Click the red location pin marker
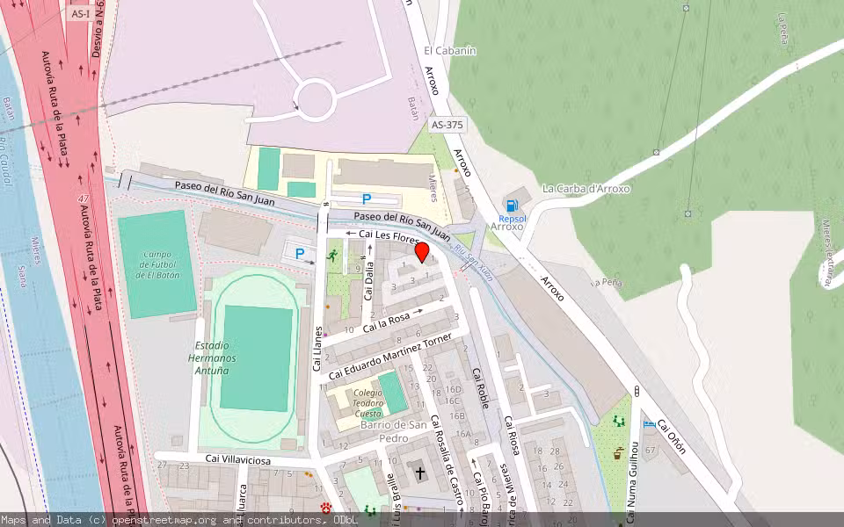coord(422,253)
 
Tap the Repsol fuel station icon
coord(513,205)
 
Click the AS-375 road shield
coord(447,126)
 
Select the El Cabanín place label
coord(449,51)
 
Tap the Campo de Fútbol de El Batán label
coord(158,264)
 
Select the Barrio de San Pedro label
coord(393,430)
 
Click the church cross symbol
coord(420,473)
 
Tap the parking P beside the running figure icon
coord(300,255)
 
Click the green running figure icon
coord(332,256)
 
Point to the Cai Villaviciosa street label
coord(238,459)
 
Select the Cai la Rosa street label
coord(387,321)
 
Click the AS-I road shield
coord(81,13)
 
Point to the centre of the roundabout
coord(315,98)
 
